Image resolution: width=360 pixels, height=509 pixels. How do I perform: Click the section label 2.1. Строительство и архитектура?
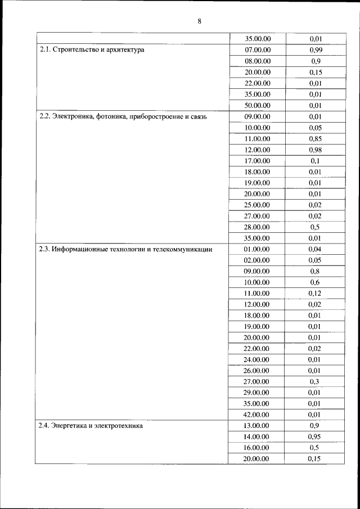(x=92, y=50)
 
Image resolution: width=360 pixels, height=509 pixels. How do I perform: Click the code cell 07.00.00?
(x=258, y=50)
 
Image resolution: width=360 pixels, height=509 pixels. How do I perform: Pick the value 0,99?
(x=315, y=50)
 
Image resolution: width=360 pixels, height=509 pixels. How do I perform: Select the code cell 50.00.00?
(x=258, y=105)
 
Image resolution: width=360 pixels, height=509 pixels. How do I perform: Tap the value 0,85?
(x=315, y=138)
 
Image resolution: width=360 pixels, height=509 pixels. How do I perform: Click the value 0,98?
(x=315, y=150)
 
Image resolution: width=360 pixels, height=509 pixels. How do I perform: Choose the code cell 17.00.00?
(x=258, y=161)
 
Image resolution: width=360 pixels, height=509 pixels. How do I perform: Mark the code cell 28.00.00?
(x=258, y=227)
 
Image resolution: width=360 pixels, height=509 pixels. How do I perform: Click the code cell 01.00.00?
(x=258, y=249)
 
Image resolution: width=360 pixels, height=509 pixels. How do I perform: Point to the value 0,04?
(x=315, y=249)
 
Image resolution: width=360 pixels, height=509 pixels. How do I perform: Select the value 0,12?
(x=315, y=293)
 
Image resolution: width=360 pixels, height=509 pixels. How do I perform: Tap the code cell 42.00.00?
(x=258, y=415)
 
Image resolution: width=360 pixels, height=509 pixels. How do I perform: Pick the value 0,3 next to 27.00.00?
(x=315, y=381)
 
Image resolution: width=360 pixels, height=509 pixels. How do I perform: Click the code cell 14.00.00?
(x=258, y=436)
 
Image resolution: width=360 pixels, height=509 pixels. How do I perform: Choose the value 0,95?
(x=315, y=436)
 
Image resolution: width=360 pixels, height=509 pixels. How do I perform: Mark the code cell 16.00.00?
(x=258, y=448)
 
